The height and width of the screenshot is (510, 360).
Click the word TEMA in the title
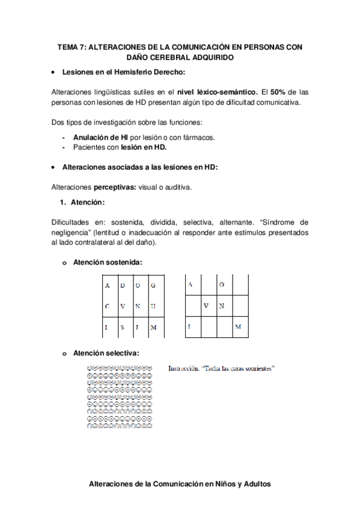[x=68, y=47]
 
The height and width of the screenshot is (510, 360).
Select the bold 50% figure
[x=278, y=92]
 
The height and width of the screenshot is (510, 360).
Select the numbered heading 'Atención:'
[x=88, y=202]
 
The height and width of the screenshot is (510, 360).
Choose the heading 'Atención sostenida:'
[x=108, y=262]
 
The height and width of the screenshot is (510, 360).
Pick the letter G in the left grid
[x=153, y=285]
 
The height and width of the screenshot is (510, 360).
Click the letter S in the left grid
[x=122, y=327]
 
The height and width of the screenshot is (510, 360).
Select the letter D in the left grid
[x=122, y=285]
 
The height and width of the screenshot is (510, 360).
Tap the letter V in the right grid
[x=206, y=306]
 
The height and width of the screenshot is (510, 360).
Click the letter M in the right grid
[x=238, y=327]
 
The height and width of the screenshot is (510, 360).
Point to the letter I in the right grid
[x=189, y=327]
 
